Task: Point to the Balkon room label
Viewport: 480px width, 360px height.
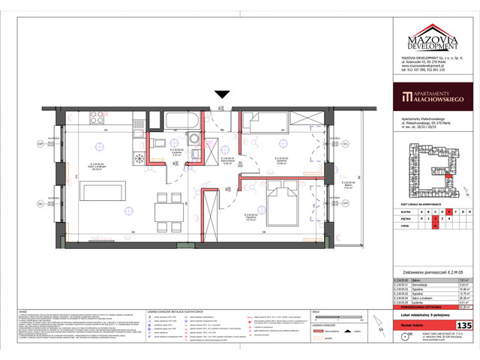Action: pos(347,184)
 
